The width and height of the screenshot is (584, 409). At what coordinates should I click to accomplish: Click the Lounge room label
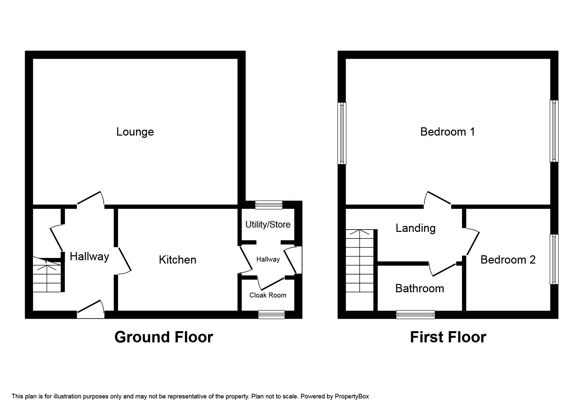[x=135, y=132]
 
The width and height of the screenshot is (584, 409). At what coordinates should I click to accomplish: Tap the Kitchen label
[x=177, y=260]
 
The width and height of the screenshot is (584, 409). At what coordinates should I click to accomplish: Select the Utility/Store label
[x=268, y=225]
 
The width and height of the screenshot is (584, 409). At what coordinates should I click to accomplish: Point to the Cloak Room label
[x=268, y=295]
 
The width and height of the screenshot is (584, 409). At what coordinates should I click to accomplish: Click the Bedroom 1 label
[x=447, y=132]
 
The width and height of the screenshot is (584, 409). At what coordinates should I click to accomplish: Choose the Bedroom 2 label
[x=508, y=260]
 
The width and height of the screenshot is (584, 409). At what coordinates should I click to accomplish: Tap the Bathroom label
[x=419, y=289]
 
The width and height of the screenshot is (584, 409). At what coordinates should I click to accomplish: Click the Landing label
[x=415, y=228]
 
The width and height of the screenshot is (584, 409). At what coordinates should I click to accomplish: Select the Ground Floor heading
[x=164, y=337]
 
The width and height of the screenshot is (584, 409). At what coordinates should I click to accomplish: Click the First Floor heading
[x=448, y=337]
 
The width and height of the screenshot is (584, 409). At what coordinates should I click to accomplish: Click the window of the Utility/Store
[x=269, y=205]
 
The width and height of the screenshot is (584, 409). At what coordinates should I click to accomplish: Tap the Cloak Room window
[x=271, y=315]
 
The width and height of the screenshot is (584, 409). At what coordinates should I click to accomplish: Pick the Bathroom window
[x=415, y=315]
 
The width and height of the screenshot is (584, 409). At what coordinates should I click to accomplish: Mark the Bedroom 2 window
[x=554, y=259]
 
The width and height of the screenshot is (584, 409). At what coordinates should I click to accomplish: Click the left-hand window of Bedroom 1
[x=342, y=133]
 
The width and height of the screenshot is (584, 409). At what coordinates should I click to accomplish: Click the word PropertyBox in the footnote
[x=352, y=396]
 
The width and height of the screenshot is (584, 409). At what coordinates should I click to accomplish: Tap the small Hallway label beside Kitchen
[x=268, y=260]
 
